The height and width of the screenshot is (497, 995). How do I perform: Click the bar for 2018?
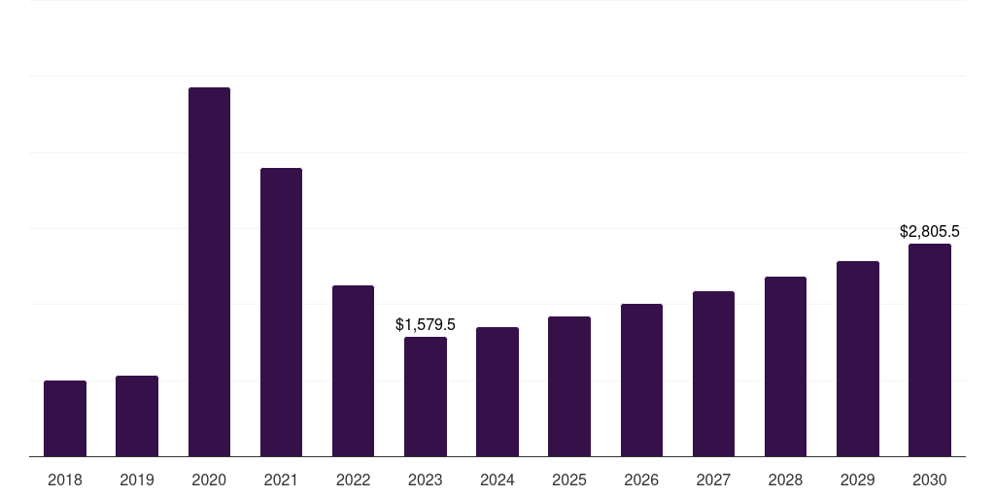click(65, 418)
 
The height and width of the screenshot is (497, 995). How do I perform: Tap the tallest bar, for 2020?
click(209, 272)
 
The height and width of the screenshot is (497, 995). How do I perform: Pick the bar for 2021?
click(281, 312)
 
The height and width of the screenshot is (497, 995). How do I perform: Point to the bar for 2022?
click(353, 371)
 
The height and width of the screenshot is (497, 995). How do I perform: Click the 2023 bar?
click(426, 396)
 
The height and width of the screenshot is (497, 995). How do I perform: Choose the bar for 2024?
click(497, 391)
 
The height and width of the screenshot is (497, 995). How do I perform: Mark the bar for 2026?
click(641, 380)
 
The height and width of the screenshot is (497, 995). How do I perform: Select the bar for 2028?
click(785, 366)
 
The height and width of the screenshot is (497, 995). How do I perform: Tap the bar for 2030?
click(930, 349)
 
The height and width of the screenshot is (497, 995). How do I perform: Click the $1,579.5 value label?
click(426, 324)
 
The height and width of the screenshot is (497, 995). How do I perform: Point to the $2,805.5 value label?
click(930, 231)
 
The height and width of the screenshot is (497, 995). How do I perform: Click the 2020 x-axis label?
click(209, 480)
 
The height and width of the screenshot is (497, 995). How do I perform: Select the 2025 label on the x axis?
click(569, 480)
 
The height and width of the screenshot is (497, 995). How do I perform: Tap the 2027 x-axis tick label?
click(713, 480)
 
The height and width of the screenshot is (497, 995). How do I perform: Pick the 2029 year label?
click(858, 480)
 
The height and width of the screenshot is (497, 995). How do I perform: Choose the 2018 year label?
click(65, 480)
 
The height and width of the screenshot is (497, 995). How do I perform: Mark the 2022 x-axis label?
click(353, 480)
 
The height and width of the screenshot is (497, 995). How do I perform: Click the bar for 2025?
click(569, 386)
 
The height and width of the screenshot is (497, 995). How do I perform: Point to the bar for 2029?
click(858, 358)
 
